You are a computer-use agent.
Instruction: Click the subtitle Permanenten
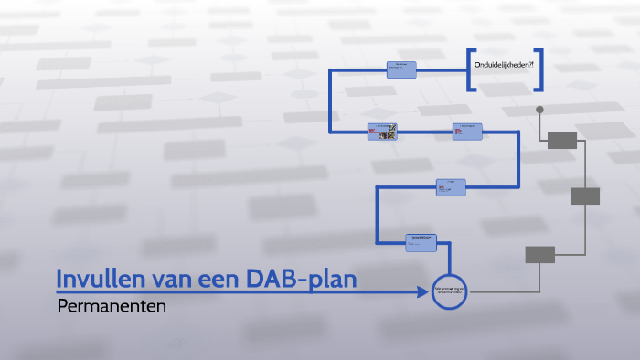coord(112,307)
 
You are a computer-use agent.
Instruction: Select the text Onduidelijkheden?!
coord(504,68)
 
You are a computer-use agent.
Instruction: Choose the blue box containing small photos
coord(382,132)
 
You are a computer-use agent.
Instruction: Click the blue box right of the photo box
coord(467,132)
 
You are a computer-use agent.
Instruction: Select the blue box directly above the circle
coord(421,242)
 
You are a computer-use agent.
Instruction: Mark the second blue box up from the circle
coord(450,186)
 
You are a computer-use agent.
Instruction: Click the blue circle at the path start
coord(449,292)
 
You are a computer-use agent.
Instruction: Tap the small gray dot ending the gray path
coord(539,110)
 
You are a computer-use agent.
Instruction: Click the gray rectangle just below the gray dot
coord(562,140)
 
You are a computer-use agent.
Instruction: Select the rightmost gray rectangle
coord(585,196)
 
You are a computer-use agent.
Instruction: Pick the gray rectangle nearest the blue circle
coord(539,255)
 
